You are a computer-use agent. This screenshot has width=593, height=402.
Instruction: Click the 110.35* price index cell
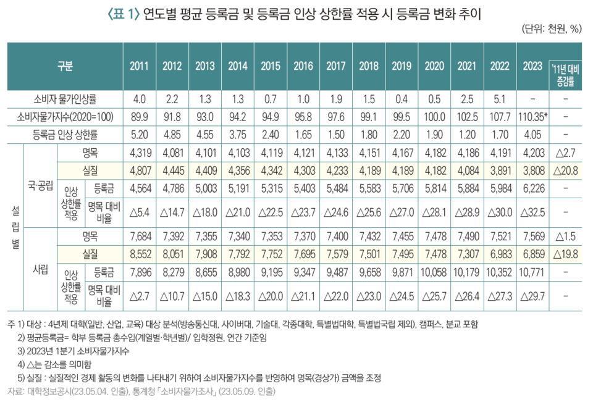pyautogui.click(x=532, y=115)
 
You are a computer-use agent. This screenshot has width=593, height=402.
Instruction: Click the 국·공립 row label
pyautogui.click(x=40, y=184)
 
